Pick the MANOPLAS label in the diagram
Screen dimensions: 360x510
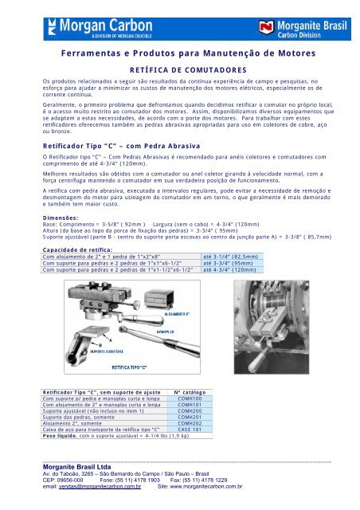[x=188, y=306]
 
